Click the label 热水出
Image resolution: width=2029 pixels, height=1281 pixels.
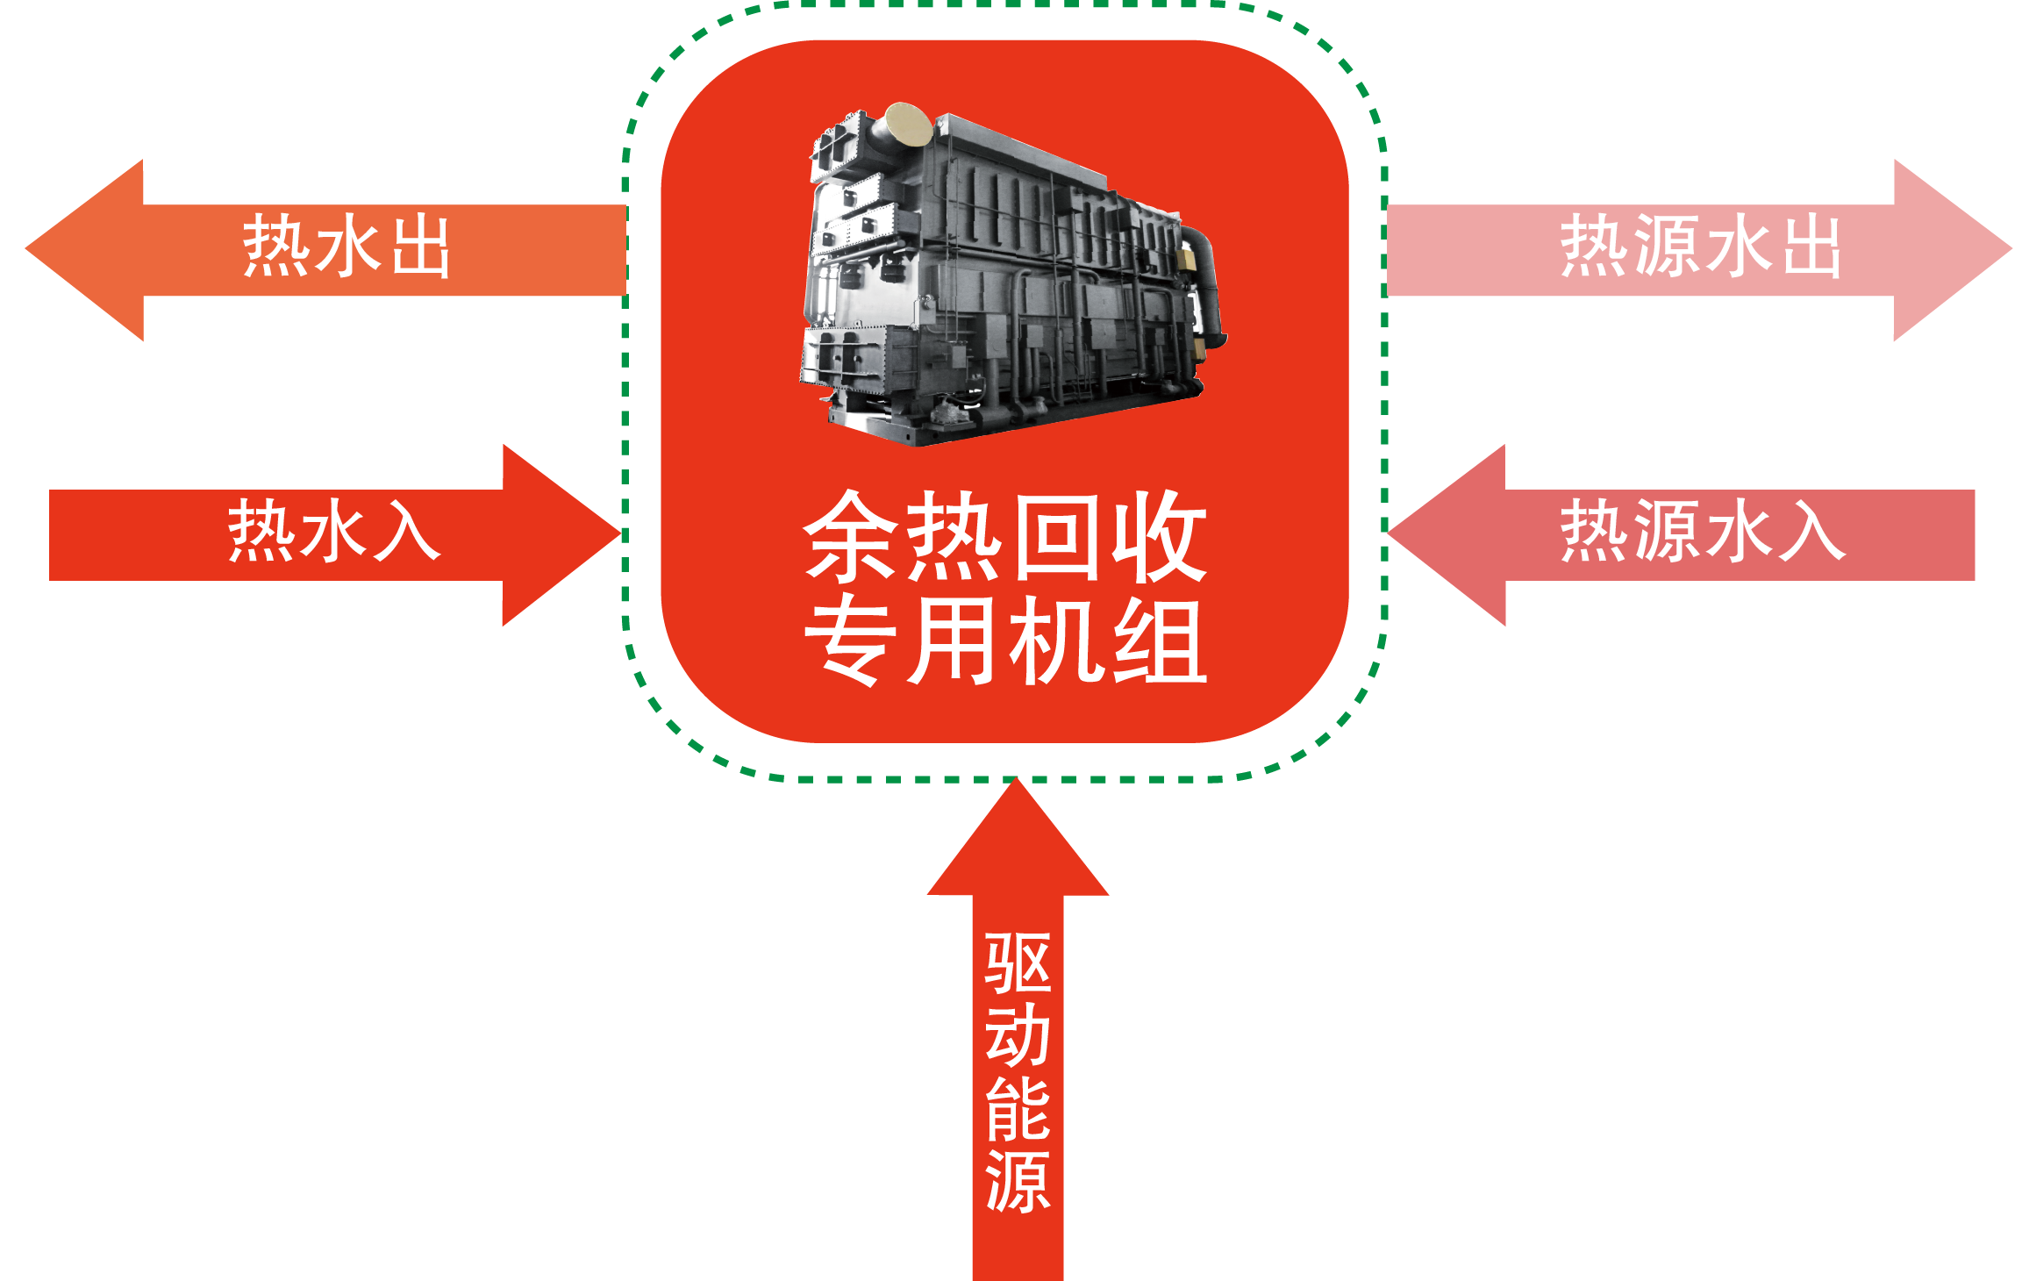coord(346,247)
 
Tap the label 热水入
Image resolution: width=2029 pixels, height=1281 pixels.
coord(333,532)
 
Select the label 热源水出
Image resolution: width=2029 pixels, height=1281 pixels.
coord(1699,247)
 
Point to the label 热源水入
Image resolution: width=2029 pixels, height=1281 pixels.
coord(1702,532)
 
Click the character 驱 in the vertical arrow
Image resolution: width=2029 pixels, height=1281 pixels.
coord(1018,963)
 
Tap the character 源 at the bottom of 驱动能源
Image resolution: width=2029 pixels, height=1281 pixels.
coord(1018,1182)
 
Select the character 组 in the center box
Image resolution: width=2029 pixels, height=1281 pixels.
coord(1160,640)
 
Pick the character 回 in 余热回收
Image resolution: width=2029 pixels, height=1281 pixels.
coord(1057,537)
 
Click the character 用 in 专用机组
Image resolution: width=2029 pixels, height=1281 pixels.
coord(954,640)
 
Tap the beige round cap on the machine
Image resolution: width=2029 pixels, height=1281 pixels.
coord(908,125)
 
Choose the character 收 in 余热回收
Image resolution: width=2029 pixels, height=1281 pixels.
coord(1160,537)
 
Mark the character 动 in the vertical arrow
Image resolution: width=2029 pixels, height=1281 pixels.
coord(1018,1036)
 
